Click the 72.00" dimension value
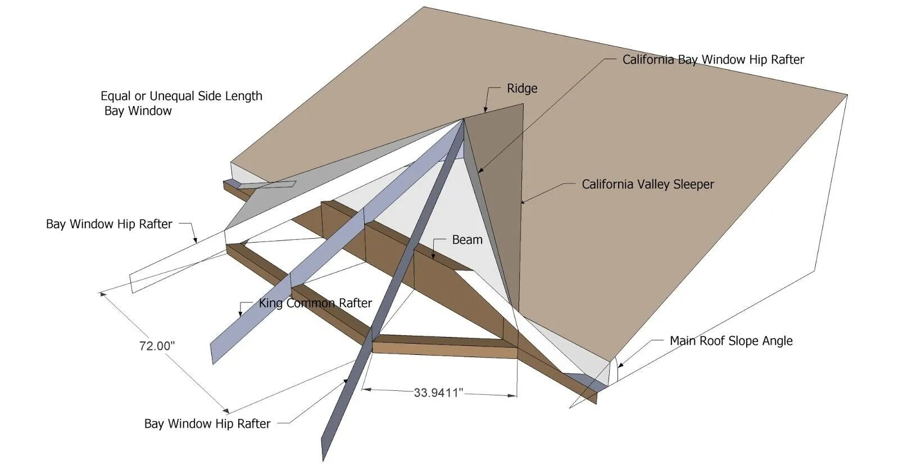[x=157, y=346]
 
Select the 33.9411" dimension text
[x=438, y=393]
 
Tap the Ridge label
[x=522, y=88]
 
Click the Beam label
[x=467, y=240]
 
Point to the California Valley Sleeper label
[x=647, y=184]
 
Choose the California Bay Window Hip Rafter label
[x=713, y=60]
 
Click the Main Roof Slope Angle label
[x=731, y=341]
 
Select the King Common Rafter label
[x=315, y=303]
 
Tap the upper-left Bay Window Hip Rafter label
[x=109, y=224]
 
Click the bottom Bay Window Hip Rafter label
[x=207, y=423]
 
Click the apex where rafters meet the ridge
[x=464, y=119]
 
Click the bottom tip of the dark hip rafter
[x=324, y=460]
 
